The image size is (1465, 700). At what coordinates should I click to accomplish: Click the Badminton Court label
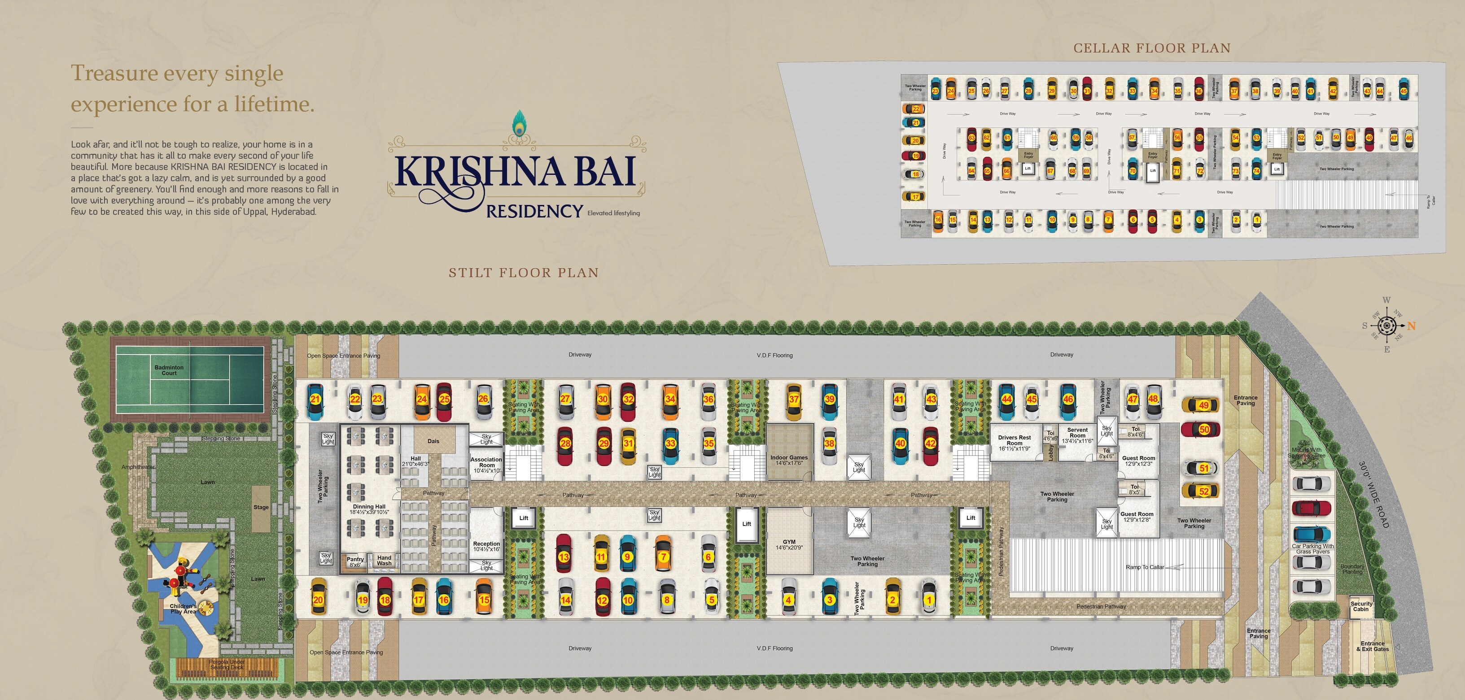point(169,370)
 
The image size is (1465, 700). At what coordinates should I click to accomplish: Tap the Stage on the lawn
point(261,507)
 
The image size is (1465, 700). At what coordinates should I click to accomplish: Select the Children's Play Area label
point(183,609)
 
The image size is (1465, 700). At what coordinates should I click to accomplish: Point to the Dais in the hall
point(433,441)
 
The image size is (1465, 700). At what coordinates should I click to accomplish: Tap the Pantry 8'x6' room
point(355,562)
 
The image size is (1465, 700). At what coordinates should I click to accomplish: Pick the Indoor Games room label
point(789,460)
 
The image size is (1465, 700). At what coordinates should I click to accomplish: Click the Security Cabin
point(1361,606)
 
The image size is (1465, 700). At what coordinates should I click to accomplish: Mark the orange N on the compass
point(1412,326)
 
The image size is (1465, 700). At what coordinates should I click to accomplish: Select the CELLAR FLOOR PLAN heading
point(1152,48)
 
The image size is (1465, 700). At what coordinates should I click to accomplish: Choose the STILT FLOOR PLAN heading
point(524,273)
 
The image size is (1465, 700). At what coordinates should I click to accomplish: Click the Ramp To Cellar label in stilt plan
point(1144,567)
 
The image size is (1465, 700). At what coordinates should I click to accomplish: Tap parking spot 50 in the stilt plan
point(1204,430)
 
